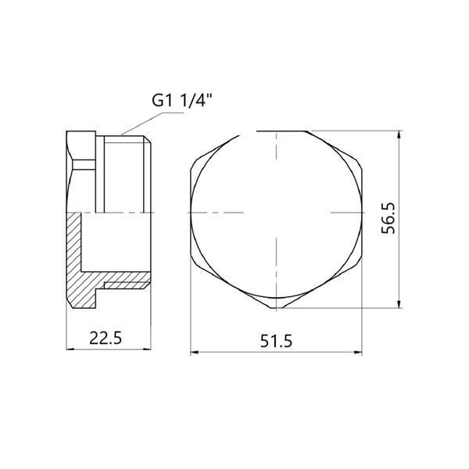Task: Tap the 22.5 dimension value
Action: point(106,338)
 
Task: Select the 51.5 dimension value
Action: point(276,341)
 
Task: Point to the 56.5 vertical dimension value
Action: point(388,218)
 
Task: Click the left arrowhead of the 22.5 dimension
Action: point(70,349)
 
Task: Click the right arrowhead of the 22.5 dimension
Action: point(148,349)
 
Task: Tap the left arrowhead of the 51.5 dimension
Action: point(194,352)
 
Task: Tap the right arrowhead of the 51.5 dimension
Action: point(358,352)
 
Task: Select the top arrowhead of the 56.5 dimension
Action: point(399,134)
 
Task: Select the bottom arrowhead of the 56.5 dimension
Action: point(399,304)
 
